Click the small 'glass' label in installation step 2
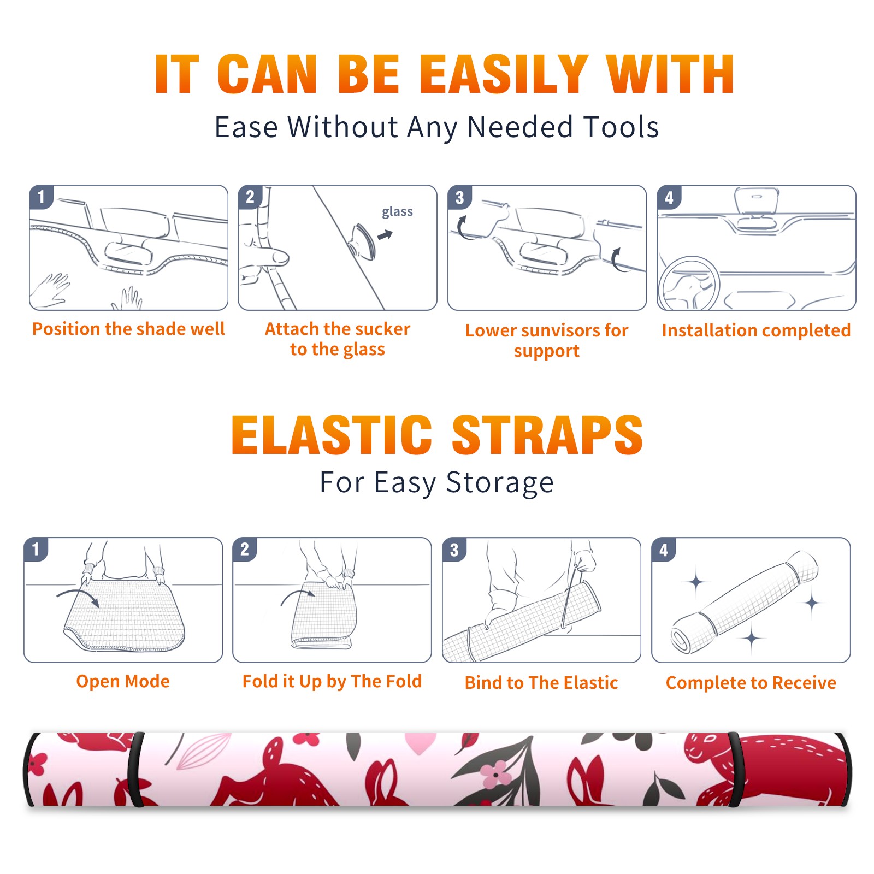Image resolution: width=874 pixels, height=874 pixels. click(397, 212)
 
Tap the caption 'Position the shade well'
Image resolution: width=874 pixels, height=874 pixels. click(128, 329)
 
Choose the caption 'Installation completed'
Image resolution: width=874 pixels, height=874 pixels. click(756, 330)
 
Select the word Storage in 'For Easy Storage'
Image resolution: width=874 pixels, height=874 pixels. click(500, 483)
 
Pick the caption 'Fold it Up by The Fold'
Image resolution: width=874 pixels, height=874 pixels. click(332, 682)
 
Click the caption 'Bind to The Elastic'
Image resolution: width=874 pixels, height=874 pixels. click(541, 683)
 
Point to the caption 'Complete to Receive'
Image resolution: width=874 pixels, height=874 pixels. click(751, 683)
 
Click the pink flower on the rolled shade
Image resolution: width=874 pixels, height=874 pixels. click(495, 775)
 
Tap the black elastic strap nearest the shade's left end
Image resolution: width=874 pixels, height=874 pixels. click(135, 769)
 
